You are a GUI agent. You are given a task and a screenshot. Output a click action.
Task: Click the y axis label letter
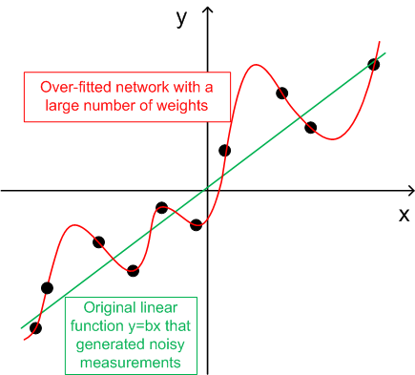pos(181,19)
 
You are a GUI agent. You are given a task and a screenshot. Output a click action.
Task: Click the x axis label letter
pos(404,216)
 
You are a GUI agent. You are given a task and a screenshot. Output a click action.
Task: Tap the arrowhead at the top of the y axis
pos(207,10)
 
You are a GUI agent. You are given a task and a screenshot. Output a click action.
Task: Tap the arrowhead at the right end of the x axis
pos(410,191)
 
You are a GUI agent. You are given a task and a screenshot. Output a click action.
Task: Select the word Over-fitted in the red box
pos(75,87)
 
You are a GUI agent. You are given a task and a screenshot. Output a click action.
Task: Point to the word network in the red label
pos(142,87)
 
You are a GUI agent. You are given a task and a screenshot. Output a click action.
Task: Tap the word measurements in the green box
pos(131,363)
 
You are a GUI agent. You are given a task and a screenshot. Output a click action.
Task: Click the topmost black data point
pos(374,65)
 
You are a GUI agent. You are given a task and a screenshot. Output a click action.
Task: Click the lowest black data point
pos(35,327)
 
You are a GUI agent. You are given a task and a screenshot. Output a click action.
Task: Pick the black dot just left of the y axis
pos(197,224)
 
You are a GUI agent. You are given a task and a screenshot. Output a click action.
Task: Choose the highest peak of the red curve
pos(255,65)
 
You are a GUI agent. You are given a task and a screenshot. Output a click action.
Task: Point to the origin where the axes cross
pos(207,191)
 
